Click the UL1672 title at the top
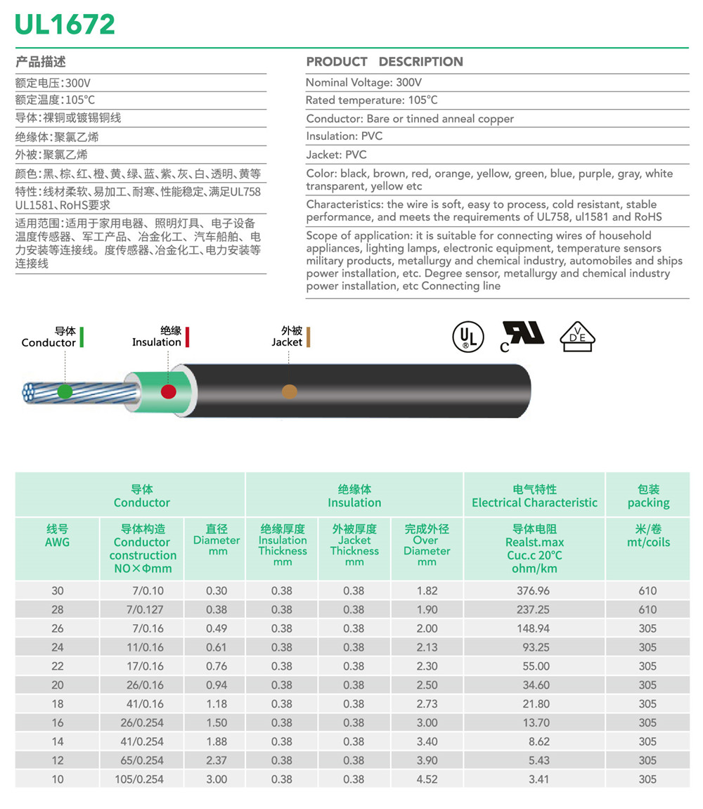(x=65, y=25)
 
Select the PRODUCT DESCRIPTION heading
(x=385, y=62)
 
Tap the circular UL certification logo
(x=467, y=337)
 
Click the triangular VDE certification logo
(x=577, y=337)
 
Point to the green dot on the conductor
(x=65, y=391)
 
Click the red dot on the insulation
(x=168, y=391)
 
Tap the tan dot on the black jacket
(x=289, y=392)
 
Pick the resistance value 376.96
(x=534, y=591)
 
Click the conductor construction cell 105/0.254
(x=142, y=779)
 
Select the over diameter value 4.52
(x=426, y=779)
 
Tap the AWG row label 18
(x=57, y=704)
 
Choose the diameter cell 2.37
(x=217, y=760)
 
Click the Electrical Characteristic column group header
(x=534, y=496)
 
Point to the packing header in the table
(x=647, y=496)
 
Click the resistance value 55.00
(x=534, y=666)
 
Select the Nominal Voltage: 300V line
(x=363, y=83)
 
